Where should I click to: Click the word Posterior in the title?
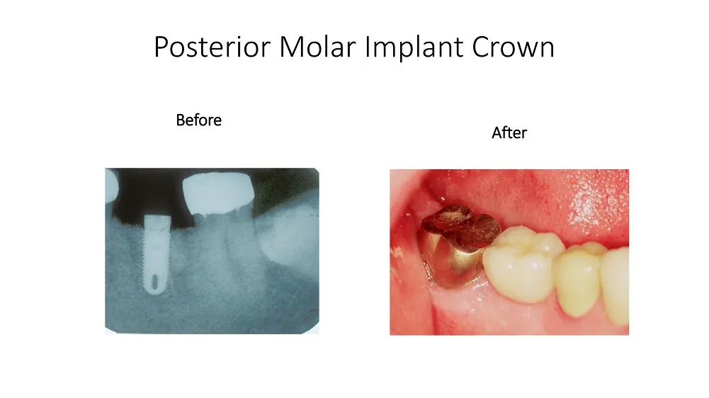tap(212, 47)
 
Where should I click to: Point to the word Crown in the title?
tap(514, 47)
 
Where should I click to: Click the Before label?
tap(198, 120)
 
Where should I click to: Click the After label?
tap(509, 133)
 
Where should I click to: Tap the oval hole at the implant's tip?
tap(155, 283)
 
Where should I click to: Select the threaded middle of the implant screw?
tap(156, 254)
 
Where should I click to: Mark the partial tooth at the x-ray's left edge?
tap(110, 186)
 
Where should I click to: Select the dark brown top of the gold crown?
tap(461, 226)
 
